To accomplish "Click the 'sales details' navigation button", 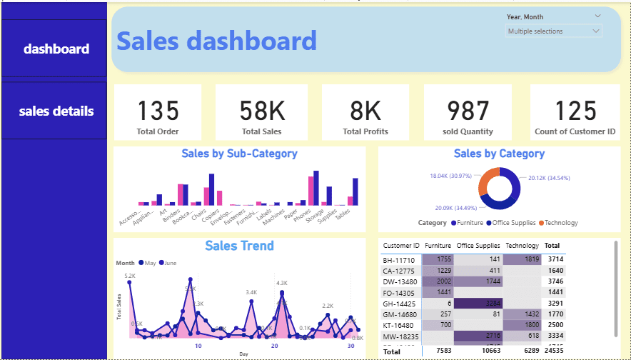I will pos(56,111).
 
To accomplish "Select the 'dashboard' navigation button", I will pos(56,49).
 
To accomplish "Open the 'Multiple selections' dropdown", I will pos(554,31).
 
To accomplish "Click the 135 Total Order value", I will pos(158,111).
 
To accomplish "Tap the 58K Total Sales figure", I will pos(261,111).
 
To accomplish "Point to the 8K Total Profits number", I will pos(365,111).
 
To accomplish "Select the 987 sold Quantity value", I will pos(468,111).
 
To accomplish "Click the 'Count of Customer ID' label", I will pos(575,131).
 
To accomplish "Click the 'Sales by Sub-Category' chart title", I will pos(239,154).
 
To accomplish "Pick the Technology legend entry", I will pos(560,223).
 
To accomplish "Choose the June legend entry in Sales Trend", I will pos(168,263).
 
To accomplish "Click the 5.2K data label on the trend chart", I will pos(130,276).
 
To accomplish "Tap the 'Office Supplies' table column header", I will pos(478,246).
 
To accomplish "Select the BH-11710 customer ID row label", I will pos(399,260).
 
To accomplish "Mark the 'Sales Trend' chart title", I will pos(239,246).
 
